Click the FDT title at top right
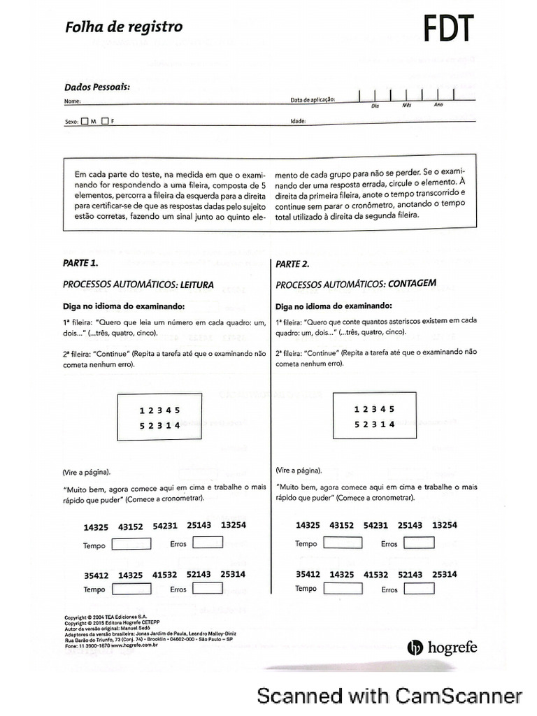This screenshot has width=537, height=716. [x=448, y=29]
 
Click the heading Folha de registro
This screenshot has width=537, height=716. [x=124, y=27]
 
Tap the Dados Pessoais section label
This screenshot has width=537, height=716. [x=97, y=87]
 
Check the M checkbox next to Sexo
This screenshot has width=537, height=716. [x=85, y=120]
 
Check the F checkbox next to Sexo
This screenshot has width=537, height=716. [x=105, y=120]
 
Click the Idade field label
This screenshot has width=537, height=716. [x=299, y=120]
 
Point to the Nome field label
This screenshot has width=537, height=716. [x=72, y=101]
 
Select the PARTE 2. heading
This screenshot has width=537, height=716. [x=292, y=264]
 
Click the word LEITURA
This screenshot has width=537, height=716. [x=196, y=285]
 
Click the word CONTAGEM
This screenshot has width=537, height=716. [x=412, y=284]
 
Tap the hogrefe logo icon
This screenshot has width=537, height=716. [x=414, y=647]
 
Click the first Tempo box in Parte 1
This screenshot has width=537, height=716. [x=131, y=545]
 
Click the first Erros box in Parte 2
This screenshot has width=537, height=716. [x=417, y=543]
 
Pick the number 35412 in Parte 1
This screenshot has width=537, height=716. [x=96, y=575]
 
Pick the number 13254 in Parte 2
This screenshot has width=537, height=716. [x=445, y=525]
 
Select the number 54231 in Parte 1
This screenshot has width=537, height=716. [x=165, y=525]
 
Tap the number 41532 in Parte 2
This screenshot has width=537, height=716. [x=378, y=574]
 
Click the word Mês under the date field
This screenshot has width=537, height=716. [x=407, y=105]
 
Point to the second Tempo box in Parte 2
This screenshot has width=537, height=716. [x=343, y=588]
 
